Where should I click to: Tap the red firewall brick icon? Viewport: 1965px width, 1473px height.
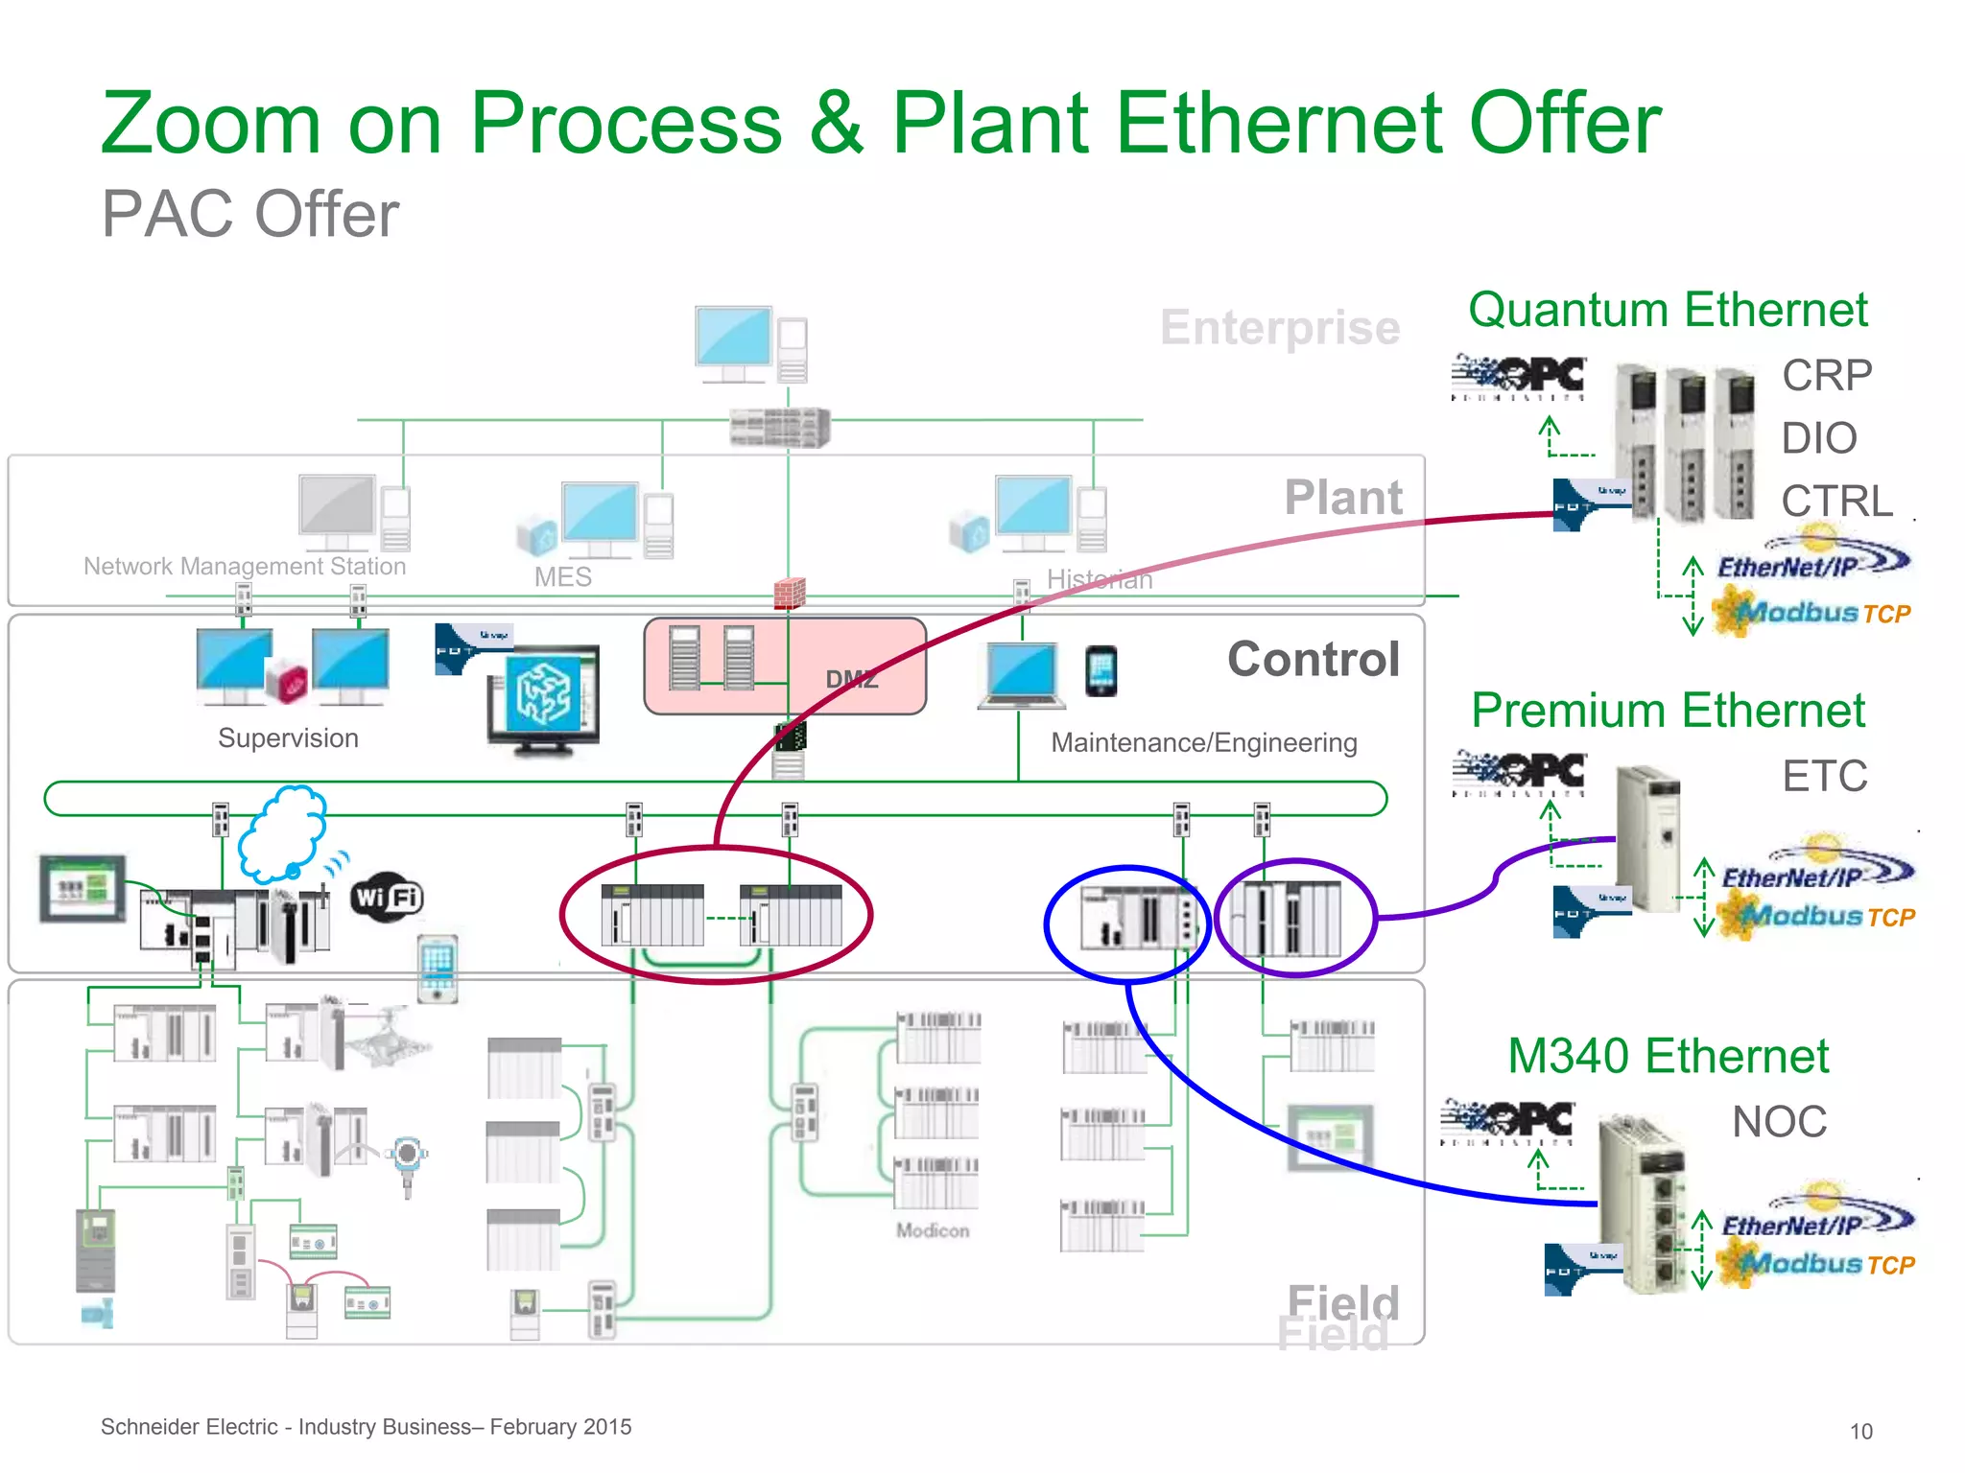[789, 594]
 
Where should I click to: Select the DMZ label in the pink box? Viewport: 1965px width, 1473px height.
[851, 680]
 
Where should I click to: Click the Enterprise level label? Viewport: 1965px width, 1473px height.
[1279, 328]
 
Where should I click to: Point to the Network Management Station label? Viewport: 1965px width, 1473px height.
[245, 566]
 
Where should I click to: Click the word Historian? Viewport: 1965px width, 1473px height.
[1100, 579]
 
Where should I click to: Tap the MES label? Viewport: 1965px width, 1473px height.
[563, 577]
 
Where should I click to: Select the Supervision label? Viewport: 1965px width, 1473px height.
[288, 738]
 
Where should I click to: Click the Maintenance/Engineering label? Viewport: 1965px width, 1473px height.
[1203, 742]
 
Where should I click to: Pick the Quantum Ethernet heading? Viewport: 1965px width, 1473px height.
[1668, 310]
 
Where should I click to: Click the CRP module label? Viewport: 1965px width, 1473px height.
[1827, 375]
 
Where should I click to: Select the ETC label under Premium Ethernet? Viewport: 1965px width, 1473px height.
[1825, 776]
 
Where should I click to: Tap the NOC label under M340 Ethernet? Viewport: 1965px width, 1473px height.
[1779, 1121]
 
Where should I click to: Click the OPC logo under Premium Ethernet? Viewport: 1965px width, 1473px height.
[1519, 773]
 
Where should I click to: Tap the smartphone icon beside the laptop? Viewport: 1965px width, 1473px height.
[1101, 671]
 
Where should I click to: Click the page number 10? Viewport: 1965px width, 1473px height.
[1860, 1431]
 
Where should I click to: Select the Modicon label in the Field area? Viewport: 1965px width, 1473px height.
[933, 1230]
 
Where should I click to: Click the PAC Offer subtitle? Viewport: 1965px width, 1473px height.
[249, 214]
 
